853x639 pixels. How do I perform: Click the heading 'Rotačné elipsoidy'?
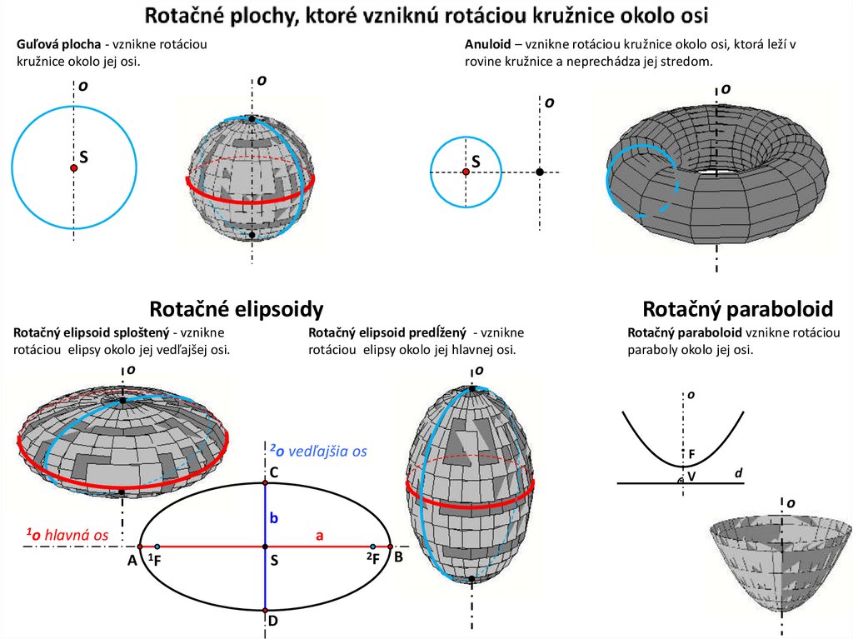pos(236,310)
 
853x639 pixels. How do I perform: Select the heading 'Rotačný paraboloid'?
pos(737,310)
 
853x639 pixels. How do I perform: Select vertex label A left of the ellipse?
pos(132,561)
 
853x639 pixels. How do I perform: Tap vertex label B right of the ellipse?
pos(398,557)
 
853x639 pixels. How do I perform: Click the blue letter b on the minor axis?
pos(272,518)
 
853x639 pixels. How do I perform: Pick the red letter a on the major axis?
pos(318,537)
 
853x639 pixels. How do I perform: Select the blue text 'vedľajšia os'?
pos(328,451)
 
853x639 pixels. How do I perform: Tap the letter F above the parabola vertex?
pos(691,454)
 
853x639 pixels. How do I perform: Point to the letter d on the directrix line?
pos(738,473)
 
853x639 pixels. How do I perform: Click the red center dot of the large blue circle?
pos(74,168)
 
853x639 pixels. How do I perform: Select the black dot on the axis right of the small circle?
pos(540,172)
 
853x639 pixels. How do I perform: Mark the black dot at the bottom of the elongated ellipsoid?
pos(472,578)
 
